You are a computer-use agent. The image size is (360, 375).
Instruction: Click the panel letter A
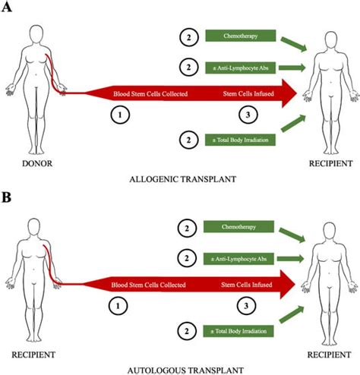pos(8,8)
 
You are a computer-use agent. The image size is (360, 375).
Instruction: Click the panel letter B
pos(8,198)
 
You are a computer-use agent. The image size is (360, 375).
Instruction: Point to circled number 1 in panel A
pos(118,116)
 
